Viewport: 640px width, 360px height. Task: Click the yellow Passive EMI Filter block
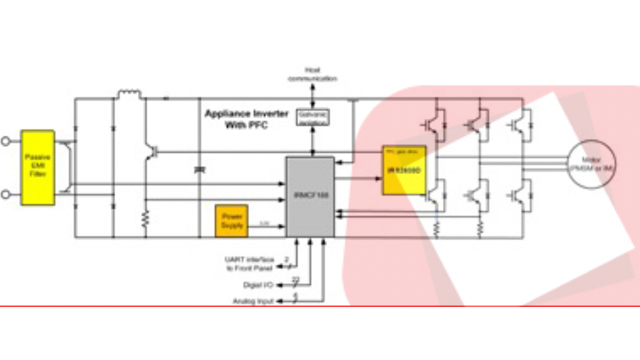click(x=38, y=167)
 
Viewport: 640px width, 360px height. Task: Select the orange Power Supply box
click(x=232, y=221)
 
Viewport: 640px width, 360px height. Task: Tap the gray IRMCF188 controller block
click(x=310, y=197)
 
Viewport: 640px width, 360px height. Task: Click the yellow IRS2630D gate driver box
click(x=404, y=170)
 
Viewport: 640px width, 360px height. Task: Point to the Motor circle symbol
click(x=590, y=164)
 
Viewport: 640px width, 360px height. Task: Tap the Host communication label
click(x=312, y=75)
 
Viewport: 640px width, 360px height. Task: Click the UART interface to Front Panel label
click(x=249, y=263)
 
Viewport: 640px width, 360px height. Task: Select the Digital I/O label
click(x=258, y=285)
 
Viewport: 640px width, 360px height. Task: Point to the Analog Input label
click(x=253, y=301)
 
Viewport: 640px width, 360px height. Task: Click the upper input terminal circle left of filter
click(x=6, y=141)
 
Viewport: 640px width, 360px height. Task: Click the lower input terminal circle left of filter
click(x=6, y=194)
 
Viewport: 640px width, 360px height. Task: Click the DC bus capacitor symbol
click(x=199, y=168)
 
